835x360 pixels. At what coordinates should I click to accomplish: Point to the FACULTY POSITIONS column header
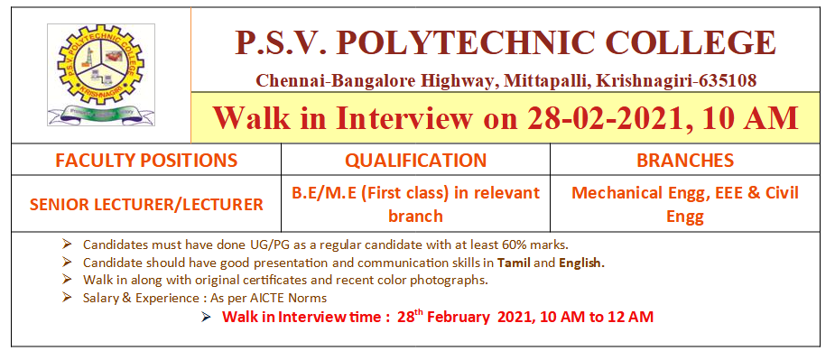pyautogui.click(x=146, y=161)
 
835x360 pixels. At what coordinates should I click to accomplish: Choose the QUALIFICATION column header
pyautogui.click(x=415, y=161)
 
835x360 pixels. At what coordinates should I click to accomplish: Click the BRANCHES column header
pyautogui.click(x=685, y=161)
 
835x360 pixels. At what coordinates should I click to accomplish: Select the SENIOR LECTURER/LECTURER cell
pyautogui.click(x=146, y=204)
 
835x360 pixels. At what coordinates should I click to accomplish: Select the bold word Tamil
pyautogui.click(x=514, y=263)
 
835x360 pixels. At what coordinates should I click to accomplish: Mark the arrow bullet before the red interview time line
pyautogui.click(x=206, y=317)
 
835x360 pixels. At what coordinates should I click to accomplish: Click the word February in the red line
pyautogui.click(x=459, y=318)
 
